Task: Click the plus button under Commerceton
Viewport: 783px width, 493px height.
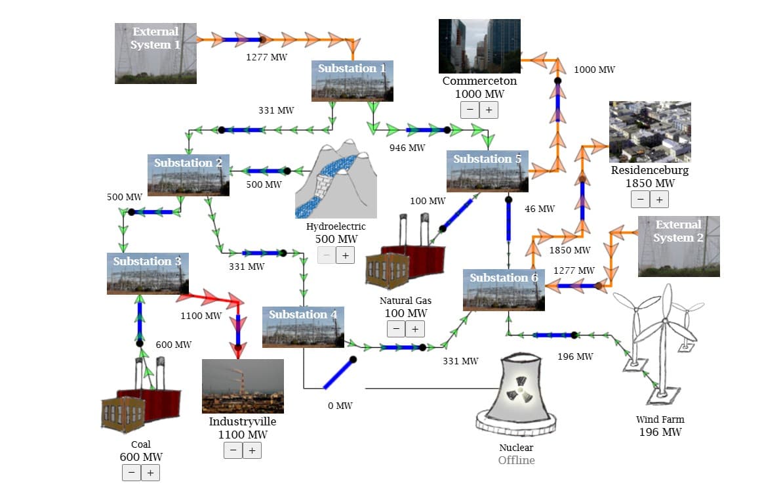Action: pyautogui.click(x=489, y=110)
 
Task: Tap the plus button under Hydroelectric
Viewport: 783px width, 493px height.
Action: pyautogui.click(x=346, y=255)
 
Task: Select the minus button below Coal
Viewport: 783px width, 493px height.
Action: pyautogui.click(x=131, y=473)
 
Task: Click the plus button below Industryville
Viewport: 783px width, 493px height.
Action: pyautogui.click(x=252, y=450)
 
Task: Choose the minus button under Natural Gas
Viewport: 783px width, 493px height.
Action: pyautogui.click(x=396, y=329)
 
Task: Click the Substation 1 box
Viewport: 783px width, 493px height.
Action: pyautogui.click(x=353, y=81)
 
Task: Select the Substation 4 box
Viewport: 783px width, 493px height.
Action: pyautogui.click(x=303, y=327)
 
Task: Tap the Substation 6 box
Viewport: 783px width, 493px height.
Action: pyautogui.click(x=504, y=291)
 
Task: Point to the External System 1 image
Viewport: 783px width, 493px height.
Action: pyautogui.click(x=156, y=53)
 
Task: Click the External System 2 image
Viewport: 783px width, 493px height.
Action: pyautogui.click(x=679, y=247)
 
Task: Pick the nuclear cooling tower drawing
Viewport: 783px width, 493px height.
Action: pyautogui.click(x=516, y=395)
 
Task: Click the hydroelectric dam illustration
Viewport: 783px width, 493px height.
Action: pyautogui.click(x=336, y=179)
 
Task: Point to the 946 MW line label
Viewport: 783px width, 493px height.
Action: pyautogui.click(x=407, y=148)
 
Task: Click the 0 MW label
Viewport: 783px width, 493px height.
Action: pyautogui.click(x=340, y=406)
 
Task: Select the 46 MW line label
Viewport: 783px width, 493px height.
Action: pyautogui.click(x=540, y=209)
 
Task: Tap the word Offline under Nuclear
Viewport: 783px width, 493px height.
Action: pyautogui.click(x=516, y=460)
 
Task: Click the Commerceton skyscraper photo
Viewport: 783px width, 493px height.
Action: pyautogui.click(x=480, y=46)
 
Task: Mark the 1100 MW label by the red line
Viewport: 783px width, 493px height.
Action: pyautogui.click(x=201, y=316)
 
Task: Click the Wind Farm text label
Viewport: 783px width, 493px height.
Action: pyautogui.click(x=660, y=419)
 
